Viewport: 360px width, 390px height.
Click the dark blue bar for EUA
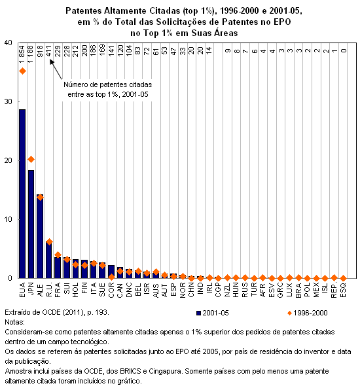[22, 194]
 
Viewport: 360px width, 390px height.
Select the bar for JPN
[31, 224]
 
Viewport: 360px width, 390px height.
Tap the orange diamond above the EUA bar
[22, 71]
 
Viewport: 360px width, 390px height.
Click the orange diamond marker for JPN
[31, 160]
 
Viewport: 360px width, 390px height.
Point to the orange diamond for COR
[111, 277]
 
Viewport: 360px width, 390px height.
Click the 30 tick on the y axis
[9, 101]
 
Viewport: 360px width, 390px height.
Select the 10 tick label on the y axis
[9, 219]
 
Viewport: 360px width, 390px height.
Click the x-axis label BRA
[298, 290]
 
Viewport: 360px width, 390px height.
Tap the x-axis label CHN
[191, 290]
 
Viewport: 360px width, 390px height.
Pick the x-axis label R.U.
[49, 289]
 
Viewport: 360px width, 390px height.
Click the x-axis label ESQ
[343, 290]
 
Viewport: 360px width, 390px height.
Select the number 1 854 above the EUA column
[22, 54]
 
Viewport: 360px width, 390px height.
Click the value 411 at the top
[49, 51]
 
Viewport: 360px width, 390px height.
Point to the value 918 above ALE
[40, 51]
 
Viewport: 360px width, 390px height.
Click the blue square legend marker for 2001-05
[198, 313]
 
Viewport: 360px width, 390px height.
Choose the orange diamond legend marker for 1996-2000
[289, 313]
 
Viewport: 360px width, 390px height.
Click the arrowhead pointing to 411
[52, 62]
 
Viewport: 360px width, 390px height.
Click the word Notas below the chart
[14, 323]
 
